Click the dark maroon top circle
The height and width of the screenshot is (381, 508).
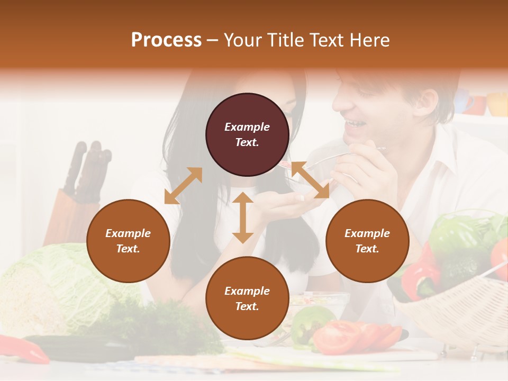pyautogui.click(x=247, y=134)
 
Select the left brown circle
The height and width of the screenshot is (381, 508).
pyautogui.click(x=128, y=241)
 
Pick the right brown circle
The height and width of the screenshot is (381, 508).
pyautogui.click(x=367, y=241)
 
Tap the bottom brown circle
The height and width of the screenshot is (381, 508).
pyautogui.click(x=247, y=298)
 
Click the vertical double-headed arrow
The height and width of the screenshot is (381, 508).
pyautogui.click(x=243, y=217)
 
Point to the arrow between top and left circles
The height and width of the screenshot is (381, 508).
pyautogui.click(x=183, y=185)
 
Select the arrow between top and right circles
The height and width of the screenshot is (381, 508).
pyautogui.click(x=310, y=180)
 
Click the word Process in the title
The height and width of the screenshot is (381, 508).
pyautogui.click(x=166, y=40)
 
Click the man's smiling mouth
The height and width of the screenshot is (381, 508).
pyautogui.click(x=354, y=125)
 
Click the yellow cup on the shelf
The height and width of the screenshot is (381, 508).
pyautogui.click(x=497, y=104)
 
